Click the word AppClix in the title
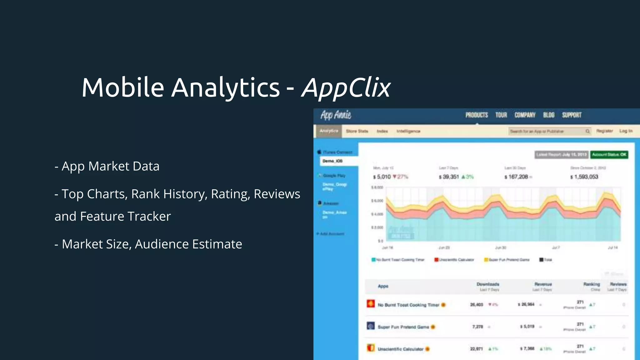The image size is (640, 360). (346, 87)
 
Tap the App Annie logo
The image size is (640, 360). (336, 115)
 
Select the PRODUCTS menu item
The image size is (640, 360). (477, 115)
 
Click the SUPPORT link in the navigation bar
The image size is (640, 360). (572, 115)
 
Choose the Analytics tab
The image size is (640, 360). (329, 131)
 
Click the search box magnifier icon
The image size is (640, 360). (587, 131)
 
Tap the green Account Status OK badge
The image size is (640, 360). (609, 155)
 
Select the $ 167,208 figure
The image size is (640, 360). (516, 177)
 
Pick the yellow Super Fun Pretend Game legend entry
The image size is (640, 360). (507, 260)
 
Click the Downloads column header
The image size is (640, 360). (488, 284)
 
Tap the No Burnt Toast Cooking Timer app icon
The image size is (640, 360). (371, 304)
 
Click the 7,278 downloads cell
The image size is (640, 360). (477, 327)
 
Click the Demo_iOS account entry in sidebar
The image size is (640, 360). (332, 161)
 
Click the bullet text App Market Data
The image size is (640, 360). (110, 166)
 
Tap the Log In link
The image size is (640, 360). (626, 131)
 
